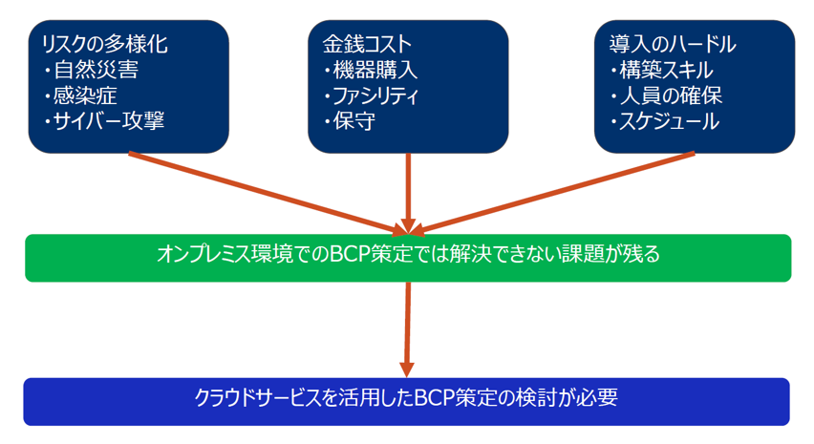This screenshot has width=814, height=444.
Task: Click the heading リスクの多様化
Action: [105, 44]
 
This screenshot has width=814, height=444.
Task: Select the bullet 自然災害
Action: [92, 70]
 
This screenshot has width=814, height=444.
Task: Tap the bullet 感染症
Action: [81, 95]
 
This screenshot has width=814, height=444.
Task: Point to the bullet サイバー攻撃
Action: [105, 121]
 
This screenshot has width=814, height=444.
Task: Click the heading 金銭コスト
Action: [368, 44]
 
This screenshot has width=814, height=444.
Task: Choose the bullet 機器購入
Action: [372, 70]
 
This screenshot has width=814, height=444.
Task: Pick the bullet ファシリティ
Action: [372, 95]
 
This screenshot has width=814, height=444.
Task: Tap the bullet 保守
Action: [351, 121]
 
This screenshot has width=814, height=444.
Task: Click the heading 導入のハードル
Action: [673, 44]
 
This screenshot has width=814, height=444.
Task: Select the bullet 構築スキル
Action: [663, 70]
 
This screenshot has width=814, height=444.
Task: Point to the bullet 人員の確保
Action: [667, 95]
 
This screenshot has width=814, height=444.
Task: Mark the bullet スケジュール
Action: [666, 121]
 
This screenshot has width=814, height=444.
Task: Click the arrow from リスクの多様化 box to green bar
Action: [268, 194]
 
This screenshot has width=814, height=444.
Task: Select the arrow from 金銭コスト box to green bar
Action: [409, 194]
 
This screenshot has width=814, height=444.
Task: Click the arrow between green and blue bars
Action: [408, 329]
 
